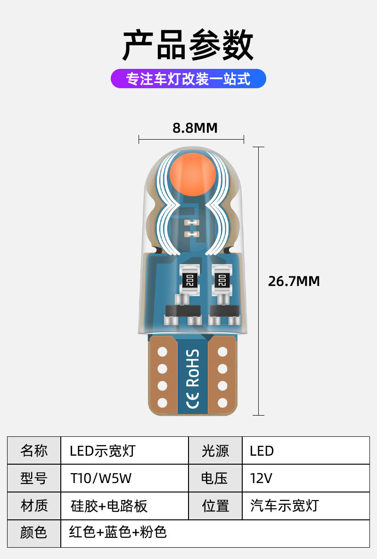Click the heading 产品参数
tap(188, 46)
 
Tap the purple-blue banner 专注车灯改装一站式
tap(188, 79)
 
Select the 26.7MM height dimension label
tap(294, 281)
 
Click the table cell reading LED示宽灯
tap(102, 451)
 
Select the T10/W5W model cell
tap(101, 478)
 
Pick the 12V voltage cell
tap(261, 478)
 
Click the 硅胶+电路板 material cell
tap(109, 506)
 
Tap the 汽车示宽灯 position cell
tap(284, 506)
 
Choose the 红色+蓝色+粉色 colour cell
tap(118, 533)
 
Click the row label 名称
tap(34, 451)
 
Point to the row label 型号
tap(34, 478)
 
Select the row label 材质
tap(34, 506)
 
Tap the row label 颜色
tap(34, 533)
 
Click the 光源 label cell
tap(215, 451)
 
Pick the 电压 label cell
tap(215, 478)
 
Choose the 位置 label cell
tap(215, 506)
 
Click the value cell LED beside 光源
tap(262, 451)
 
